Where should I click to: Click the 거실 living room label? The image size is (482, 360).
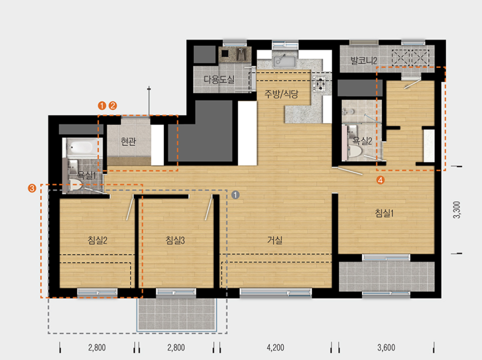pyautogui.click(x=275, y=240)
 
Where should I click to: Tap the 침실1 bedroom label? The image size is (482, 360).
pyautogui.click(x=384, y=213)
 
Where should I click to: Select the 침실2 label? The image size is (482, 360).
pyautogui.click(x=97, y=240)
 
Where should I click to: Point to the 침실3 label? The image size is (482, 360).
pyautogui.click(x=175, y=240)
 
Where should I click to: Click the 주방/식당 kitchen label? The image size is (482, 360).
pyautogui.click(x=281, y=94)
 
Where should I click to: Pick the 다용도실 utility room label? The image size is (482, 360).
pyautogui.click(x=219, y=79)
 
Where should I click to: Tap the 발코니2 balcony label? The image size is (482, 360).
pyautogui.click(x=364, y=60)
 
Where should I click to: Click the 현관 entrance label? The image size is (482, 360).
pyautogui.click(x=128, y=142)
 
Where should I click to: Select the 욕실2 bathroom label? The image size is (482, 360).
pyautogui.click(x=362, y=141)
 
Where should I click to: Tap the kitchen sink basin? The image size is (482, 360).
pyautogui.click(x=285, y=61)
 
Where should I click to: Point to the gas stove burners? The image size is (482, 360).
pyautogui.click(x=320, y=84)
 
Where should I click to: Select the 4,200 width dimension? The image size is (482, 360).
pyautogui.click(x=276, y=348)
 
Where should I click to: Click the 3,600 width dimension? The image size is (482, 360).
pyautogui.click(x=386, y=348)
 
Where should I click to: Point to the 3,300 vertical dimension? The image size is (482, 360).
pyautogui.click(x=457, y=210)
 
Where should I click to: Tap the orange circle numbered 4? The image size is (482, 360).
pyautogui.click(x=380, y=180)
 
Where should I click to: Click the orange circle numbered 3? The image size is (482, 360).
pyautogui.click(x=32, y=188)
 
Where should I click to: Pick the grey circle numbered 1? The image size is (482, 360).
pyautogui.click(x=235, y=195)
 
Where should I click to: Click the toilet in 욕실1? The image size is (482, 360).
pyautogui.click(x=76, y=185)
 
